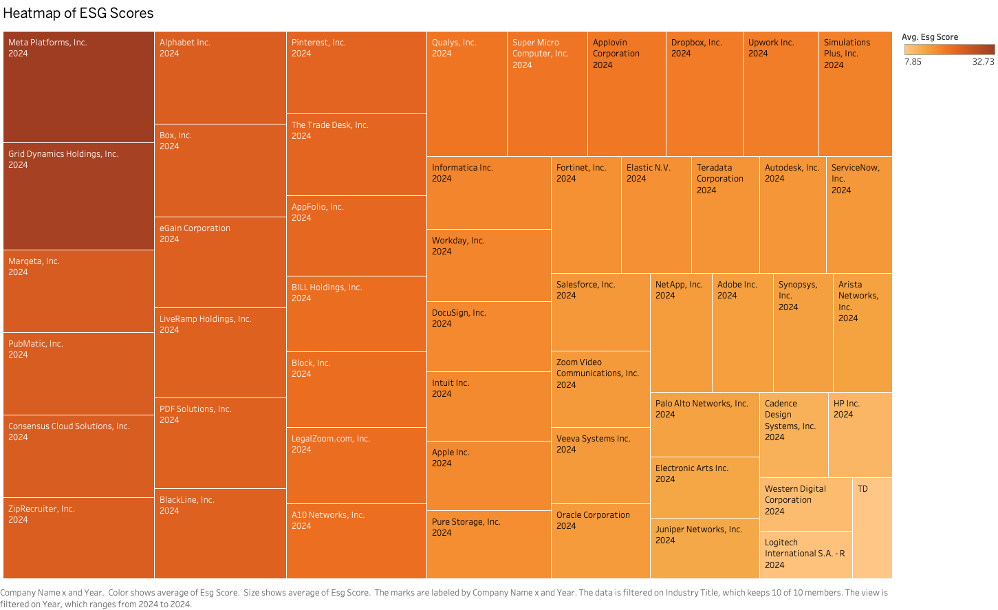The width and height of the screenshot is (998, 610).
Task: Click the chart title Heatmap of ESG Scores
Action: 78,13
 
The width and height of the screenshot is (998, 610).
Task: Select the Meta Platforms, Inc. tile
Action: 78,87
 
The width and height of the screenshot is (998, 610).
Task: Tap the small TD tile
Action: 872,528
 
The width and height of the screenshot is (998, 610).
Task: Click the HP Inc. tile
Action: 860,435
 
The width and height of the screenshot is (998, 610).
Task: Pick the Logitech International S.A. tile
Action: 805,554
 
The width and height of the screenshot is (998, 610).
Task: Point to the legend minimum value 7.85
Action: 913,62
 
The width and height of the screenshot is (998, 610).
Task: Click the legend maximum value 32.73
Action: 983,62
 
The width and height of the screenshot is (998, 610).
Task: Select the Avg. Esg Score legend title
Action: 929,37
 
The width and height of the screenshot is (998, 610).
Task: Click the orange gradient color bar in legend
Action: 949,50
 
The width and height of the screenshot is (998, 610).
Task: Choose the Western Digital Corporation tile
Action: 805,504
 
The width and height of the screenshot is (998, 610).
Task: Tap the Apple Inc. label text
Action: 451,453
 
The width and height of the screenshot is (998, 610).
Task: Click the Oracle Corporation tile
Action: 600,541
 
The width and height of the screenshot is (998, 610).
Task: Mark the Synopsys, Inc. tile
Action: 803,333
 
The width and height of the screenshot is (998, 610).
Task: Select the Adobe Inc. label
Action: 737,285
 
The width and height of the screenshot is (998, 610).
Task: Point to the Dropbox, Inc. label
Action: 696,43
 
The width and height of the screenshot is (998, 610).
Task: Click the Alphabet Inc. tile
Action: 220,78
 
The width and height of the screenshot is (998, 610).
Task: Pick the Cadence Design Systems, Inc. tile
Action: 794,435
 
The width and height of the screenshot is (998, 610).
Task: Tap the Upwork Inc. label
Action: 770,43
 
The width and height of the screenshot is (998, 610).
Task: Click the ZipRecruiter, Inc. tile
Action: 78,538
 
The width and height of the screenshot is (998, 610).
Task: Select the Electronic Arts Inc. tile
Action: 704,488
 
